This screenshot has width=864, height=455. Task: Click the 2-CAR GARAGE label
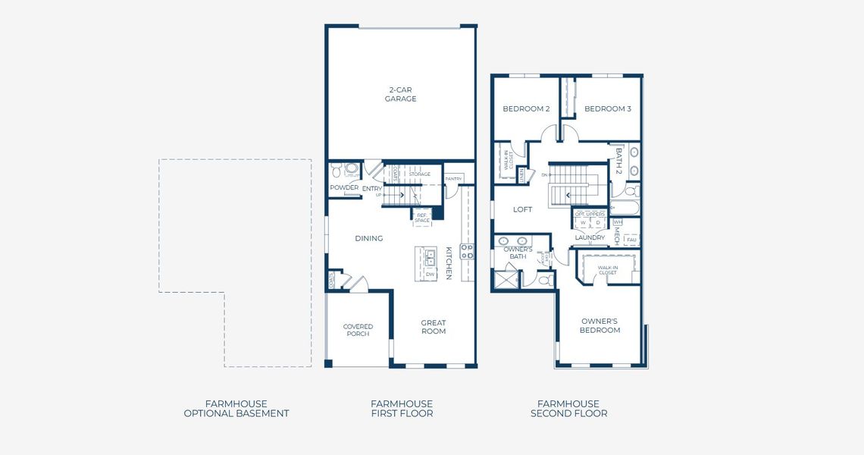400,94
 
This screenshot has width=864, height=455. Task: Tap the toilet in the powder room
350,169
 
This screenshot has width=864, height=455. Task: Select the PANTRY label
453,179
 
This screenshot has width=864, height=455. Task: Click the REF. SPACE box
422,218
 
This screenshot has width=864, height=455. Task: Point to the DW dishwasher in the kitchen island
430,274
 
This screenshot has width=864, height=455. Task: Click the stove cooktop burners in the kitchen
467,251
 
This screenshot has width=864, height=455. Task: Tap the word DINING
369,238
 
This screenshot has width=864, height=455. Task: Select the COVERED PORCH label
358,331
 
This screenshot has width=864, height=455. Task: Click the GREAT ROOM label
434,327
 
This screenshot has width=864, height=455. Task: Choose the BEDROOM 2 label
526,108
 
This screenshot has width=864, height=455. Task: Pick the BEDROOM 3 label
608,108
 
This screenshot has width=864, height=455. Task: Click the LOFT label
523,209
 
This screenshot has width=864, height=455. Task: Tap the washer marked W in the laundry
583,223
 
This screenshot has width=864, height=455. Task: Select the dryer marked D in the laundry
598,223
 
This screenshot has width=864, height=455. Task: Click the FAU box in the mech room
631,240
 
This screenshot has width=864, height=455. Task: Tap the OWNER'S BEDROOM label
599,325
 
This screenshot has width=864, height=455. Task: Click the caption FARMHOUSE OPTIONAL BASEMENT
236,409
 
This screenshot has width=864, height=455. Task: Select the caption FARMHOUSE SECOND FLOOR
568,409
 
